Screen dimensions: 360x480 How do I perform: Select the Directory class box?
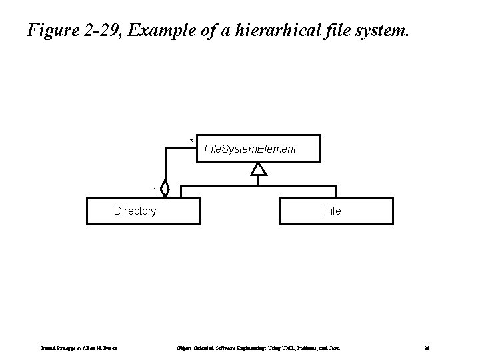143,211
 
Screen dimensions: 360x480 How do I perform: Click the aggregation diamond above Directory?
165,190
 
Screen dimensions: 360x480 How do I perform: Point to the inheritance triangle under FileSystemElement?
258,169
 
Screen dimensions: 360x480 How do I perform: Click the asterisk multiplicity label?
191,141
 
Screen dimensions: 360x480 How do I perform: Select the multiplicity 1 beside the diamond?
154,192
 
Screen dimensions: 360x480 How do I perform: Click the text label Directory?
135,211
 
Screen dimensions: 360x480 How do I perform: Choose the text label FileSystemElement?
250,149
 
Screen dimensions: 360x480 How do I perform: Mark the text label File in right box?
332,211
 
